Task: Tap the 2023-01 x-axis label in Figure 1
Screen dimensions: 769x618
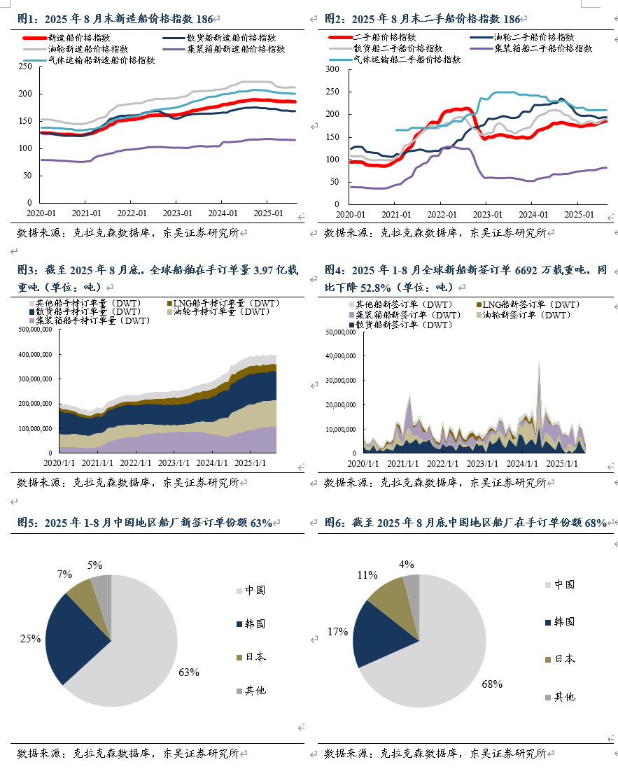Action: (177, 213)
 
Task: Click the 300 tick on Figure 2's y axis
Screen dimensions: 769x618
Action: (332, 69)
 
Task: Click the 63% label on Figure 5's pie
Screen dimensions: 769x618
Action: (189, 672)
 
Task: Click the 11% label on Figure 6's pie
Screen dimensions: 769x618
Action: (367, 574)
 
